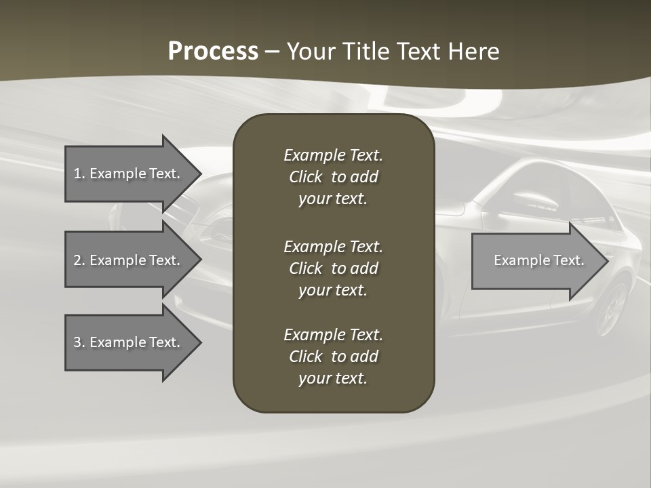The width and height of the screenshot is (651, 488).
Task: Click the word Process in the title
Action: pos(213,52)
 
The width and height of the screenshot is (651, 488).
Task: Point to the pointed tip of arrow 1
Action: pos(199,174)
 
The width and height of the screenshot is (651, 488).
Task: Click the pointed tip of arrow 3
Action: pos(199,342)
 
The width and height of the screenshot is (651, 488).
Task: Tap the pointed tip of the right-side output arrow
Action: pos(606,260)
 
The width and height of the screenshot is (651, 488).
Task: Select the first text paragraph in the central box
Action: pos(333,177)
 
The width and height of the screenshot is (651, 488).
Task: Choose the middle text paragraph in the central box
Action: pos(333,268)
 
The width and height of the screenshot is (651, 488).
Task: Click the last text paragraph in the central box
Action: pos(333,357)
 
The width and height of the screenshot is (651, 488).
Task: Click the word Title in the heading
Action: pos(367,52)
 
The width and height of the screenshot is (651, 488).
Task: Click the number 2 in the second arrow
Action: pos(78,260)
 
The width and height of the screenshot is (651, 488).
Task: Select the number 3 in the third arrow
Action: pos(78,342)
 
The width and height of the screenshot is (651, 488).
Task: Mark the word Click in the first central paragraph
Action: pos(306,177)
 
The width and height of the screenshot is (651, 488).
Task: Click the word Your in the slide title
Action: pos(313,52)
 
